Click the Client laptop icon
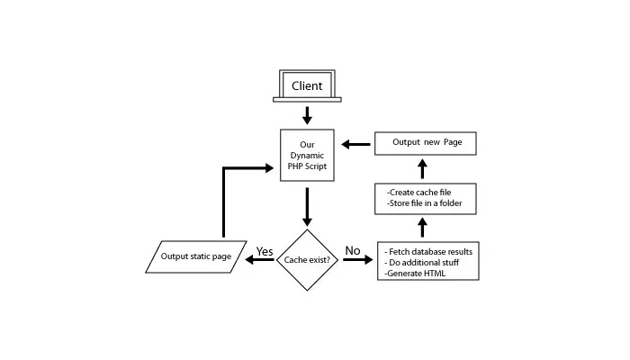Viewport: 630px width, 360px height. [307, 86]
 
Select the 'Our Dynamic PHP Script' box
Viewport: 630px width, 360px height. [307, 155]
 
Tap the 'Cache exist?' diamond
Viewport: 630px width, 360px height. [307, 259]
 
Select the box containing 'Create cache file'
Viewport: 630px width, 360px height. [425, 198]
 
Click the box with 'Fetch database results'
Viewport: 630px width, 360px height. [427, 261]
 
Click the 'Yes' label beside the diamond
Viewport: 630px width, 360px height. [265, 250]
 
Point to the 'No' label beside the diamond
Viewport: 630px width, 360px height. [353, 250]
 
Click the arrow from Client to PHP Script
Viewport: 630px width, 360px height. [307, 116]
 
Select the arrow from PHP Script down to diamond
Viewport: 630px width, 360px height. [307, 207]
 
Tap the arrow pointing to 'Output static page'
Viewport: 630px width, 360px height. [260, 261]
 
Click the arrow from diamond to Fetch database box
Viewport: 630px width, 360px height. [356, 261]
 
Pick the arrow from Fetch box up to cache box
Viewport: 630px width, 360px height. [422, 229]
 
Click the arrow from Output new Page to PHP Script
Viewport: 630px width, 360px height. [355, 143]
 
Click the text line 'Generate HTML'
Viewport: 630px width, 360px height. [416, 273]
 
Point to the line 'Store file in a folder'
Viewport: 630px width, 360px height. [424, 204]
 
